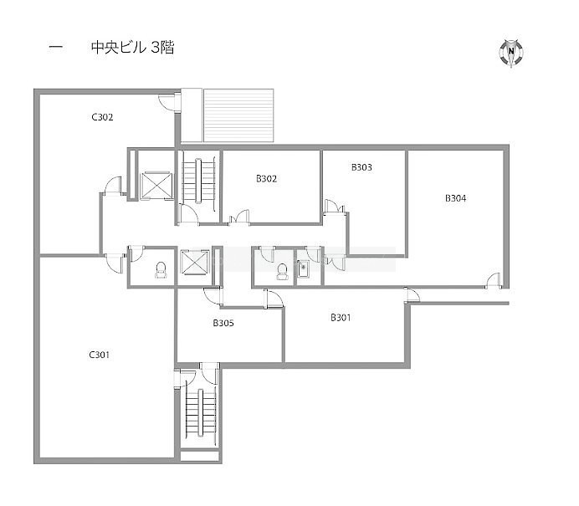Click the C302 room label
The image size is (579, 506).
(x=102, y=117)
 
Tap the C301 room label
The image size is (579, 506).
(x=100, y=355)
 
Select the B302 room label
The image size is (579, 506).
(x=267, y=179)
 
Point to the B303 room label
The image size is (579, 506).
(x=361, y=167)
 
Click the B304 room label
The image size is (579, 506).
(x=456, y=198)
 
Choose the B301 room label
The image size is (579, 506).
(x=341, y=318)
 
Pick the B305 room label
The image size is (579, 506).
(x=223, y=323)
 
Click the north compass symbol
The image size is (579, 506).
(x=511, y=53)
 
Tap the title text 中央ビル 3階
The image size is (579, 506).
(x=132, y=48)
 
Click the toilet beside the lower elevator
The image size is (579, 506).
(x=161, y=269)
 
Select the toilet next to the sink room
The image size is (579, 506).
(x=282, y=271)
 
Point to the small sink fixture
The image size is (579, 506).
(x=303, y=268)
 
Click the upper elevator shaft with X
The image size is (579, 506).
(x=156, y=186)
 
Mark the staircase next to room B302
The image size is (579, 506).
(x=199, y=180)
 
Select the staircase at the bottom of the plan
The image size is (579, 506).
(x=201, y=413)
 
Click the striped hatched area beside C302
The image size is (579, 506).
(x=238, y=115)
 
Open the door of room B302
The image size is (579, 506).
(x=239, y=217)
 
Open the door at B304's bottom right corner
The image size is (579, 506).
(x=494, y=280)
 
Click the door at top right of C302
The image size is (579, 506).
(x=168, y=103)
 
